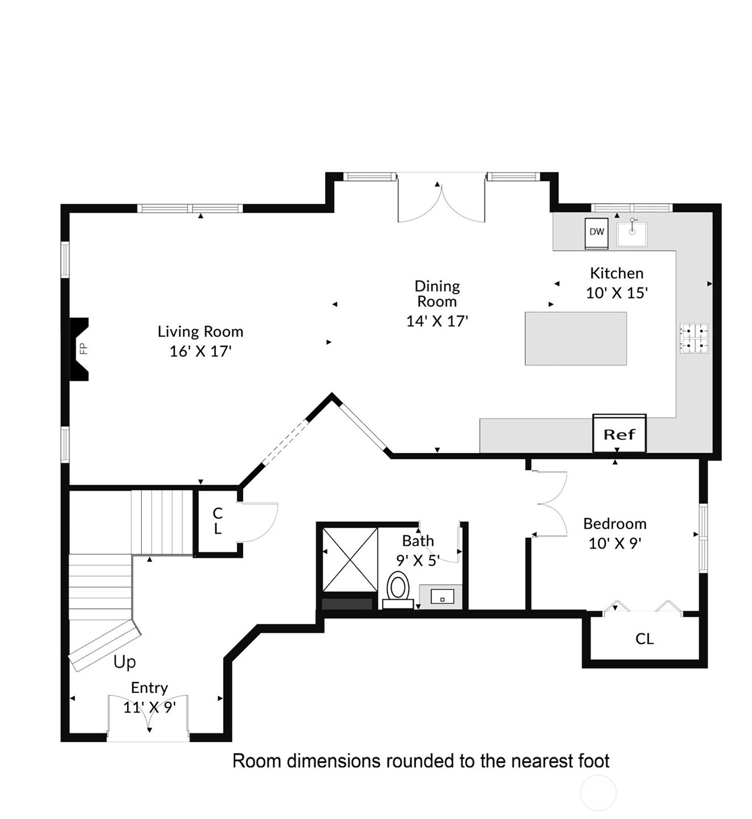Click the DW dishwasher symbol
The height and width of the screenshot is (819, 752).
click(x=597, y=233)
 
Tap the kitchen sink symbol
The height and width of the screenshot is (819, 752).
click(x=632, y=233)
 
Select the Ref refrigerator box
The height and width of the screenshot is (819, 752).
click(x=619, y=434)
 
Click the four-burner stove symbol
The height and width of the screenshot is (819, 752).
click(x=694, y=338)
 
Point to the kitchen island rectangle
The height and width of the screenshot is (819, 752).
click(x=576, y=338)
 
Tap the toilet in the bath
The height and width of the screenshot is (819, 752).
click(x=398, y=589)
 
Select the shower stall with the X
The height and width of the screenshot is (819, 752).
click(x=350, y=559)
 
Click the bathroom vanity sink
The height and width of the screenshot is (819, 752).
click(x=442, y=596)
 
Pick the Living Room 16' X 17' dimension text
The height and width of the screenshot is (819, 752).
click(x=200, y=351)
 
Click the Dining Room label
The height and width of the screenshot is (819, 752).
click(x=437, y=294)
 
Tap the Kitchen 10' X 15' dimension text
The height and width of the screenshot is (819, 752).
click(x=617, y=293)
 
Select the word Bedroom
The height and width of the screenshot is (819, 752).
click(x=615, y=524)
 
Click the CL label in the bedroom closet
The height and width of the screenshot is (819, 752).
click(x=644, y=639)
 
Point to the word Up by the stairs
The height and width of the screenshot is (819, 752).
click(x=125, y=662)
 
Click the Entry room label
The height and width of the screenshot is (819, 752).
click(x=149, y=688)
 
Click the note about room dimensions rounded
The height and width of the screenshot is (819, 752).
click(x=421, y=761)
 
